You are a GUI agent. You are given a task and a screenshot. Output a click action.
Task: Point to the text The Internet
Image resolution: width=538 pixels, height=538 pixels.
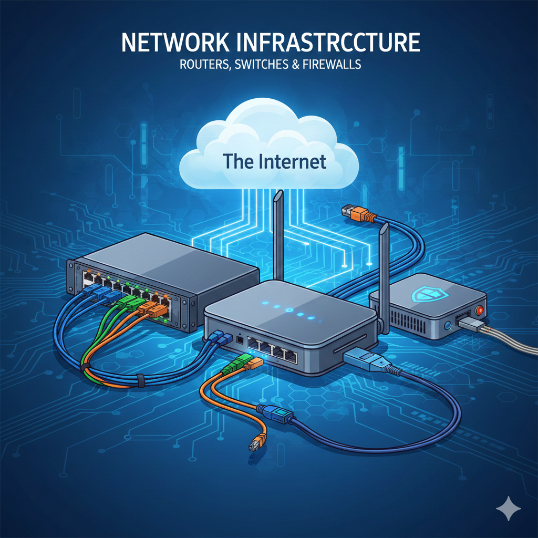coord(274,161)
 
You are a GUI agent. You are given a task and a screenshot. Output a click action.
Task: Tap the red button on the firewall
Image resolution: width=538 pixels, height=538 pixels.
coord(479,311)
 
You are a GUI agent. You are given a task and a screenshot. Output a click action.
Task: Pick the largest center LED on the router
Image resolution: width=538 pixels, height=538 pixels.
coord(289,310)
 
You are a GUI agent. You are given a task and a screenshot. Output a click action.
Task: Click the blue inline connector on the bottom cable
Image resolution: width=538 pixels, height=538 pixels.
coord(277,414)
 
